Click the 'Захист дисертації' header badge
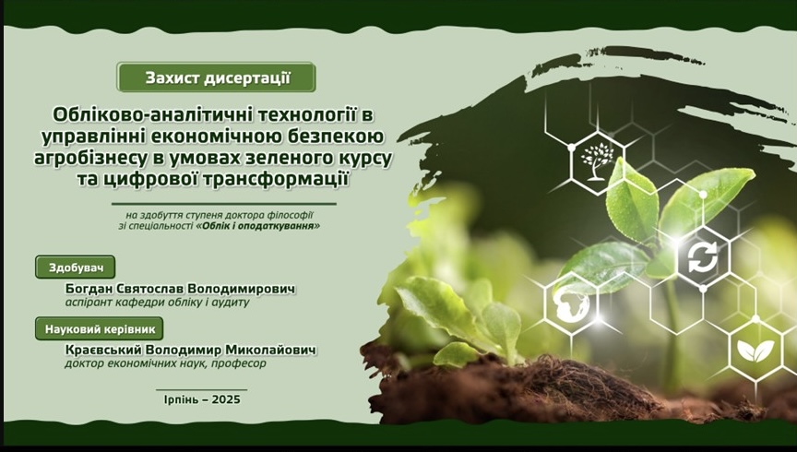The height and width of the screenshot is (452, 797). coord(216,77)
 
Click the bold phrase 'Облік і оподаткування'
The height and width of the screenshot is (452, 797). coord(258,226)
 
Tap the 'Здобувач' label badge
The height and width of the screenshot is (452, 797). coord(76,268)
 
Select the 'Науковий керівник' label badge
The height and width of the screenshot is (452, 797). coord(100,329)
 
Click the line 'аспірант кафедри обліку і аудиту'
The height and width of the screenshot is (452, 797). coord(158,303)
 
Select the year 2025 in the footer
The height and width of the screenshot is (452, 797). coord(226,399)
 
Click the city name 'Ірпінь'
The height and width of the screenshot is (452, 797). coord(181,399)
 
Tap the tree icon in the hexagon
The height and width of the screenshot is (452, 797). coord(595,161)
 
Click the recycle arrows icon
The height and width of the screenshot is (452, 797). coord(703,257)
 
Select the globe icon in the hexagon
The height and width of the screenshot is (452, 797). coord(571,304)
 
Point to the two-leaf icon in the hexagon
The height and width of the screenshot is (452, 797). coord(755,351)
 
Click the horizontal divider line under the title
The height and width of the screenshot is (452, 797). coord(224,204)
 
